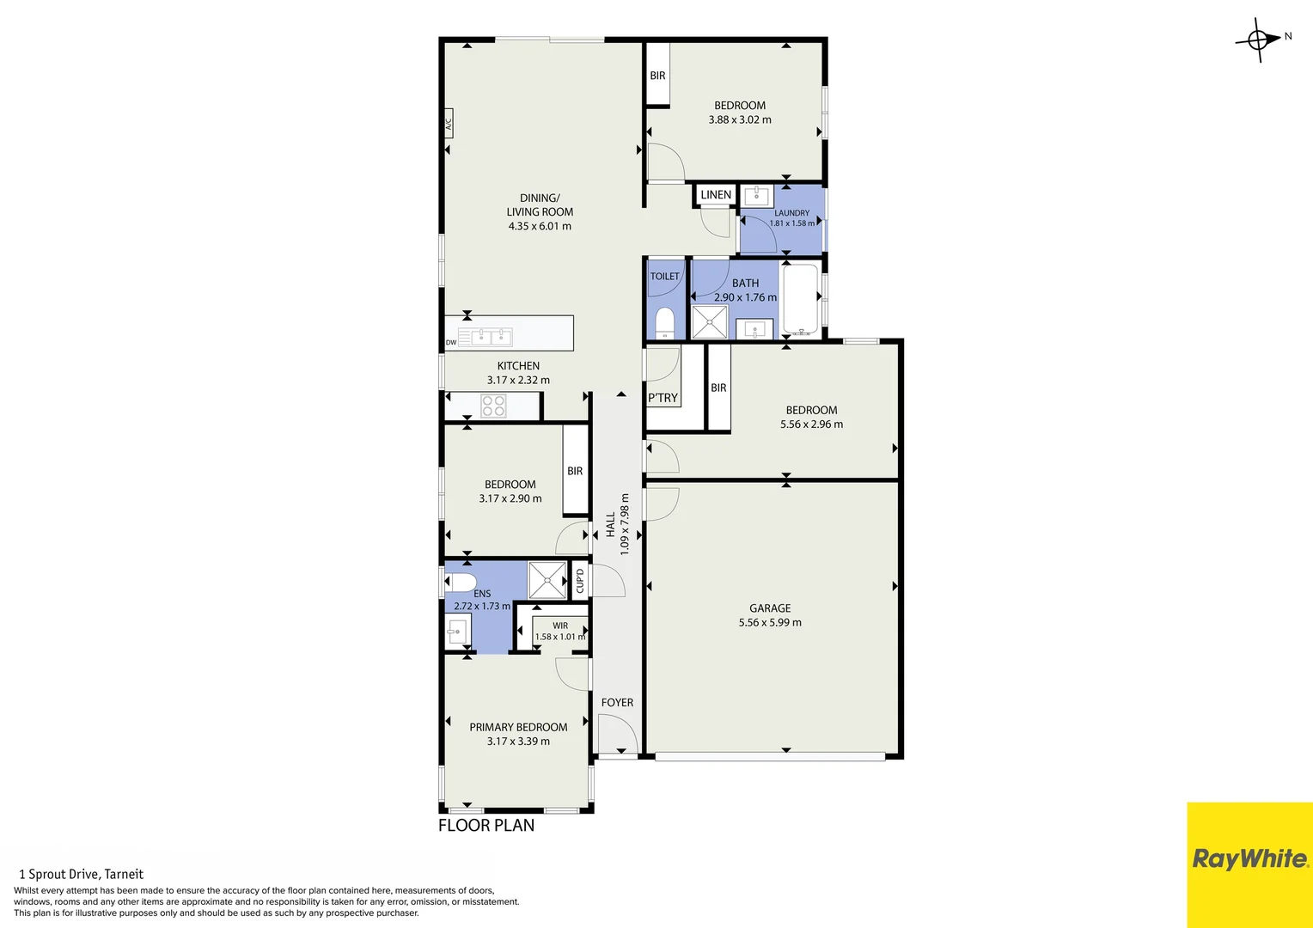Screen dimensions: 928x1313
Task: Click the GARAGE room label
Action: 770,608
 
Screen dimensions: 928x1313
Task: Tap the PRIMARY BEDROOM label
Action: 518,727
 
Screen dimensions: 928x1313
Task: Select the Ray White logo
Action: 1249,859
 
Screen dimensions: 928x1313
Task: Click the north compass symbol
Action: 1260,40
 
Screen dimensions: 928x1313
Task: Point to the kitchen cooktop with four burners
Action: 493,406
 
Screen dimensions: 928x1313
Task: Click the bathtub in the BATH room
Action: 800,299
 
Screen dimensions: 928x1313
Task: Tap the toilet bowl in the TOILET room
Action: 664,323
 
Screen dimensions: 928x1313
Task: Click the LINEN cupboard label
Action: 716,195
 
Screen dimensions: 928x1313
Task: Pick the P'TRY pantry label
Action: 663,398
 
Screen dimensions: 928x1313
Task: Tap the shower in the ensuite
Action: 547,580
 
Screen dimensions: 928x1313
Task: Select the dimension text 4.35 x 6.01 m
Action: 540,226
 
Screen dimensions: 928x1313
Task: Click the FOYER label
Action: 617,702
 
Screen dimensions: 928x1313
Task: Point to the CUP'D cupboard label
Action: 580,581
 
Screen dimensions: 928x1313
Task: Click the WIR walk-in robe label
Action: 560,626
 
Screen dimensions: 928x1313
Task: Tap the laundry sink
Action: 757,196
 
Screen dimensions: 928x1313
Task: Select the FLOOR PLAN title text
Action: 486,826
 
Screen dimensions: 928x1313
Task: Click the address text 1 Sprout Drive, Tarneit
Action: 81,874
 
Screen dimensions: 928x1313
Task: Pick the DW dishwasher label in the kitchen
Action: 451,342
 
